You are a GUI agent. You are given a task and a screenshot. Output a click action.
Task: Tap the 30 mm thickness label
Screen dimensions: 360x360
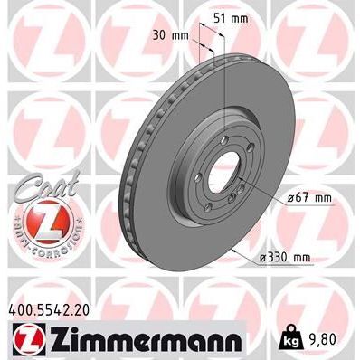click(170, 36)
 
